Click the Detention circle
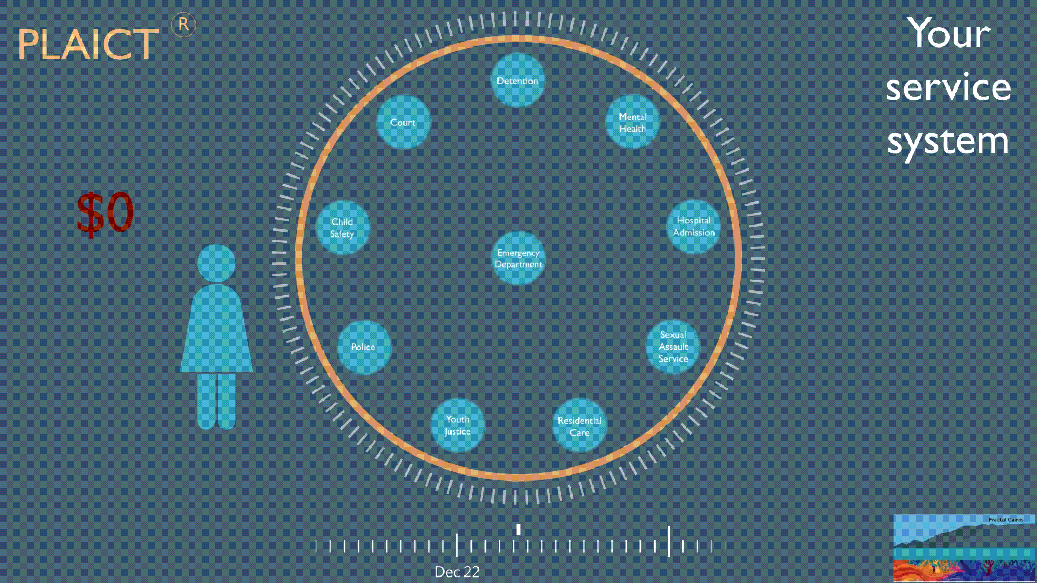point(517,80)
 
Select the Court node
point(403,122)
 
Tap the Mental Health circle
point(632,122)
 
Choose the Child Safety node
point(342,227)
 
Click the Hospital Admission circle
point(693,226)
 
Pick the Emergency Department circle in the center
point(518,258)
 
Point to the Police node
point(363,347)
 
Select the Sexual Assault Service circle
point(673,347)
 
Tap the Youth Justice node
point(457,425)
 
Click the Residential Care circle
point(579,426)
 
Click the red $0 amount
point(105,213)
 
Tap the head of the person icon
point(216,263)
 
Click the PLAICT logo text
point(88,44)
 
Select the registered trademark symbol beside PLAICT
point(184,25)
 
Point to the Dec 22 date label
point(457,572)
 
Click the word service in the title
point(948,87)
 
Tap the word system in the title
point(948,141)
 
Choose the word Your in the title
point(948,33)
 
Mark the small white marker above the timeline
point(518,530)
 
